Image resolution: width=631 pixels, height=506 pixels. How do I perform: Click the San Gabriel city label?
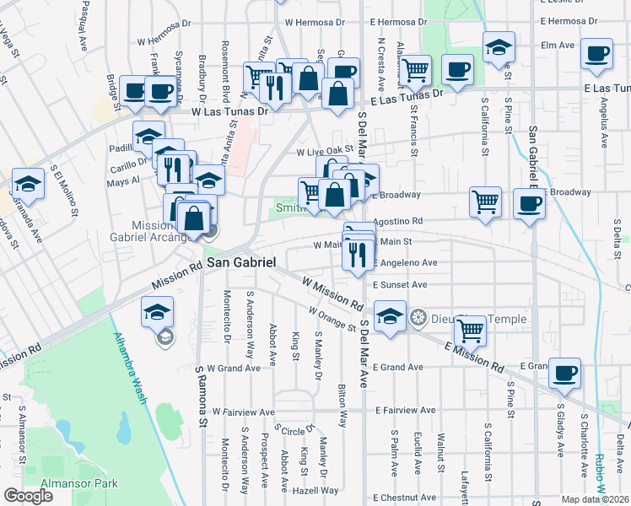tap(241, 262)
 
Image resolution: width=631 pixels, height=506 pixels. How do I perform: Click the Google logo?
tap(28, 496)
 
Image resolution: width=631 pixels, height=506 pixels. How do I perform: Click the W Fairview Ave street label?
tap(244, 412)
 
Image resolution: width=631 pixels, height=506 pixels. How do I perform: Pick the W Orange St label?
tap(331, 320)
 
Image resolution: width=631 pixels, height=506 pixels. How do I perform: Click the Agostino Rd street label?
tap(396, 221)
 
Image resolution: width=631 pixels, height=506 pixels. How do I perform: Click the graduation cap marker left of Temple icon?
tap(390, 317)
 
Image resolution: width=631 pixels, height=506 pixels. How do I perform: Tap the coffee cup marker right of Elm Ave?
tap(597, 53)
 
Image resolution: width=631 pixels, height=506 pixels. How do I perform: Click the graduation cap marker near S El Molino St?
tap(28, 185)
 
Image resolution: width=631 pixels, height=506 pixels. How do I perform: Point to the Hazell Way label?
tap(317, 490)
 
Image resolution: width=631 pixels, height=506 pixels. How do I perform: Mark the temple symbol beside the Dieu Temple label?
tap(417, 319)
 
